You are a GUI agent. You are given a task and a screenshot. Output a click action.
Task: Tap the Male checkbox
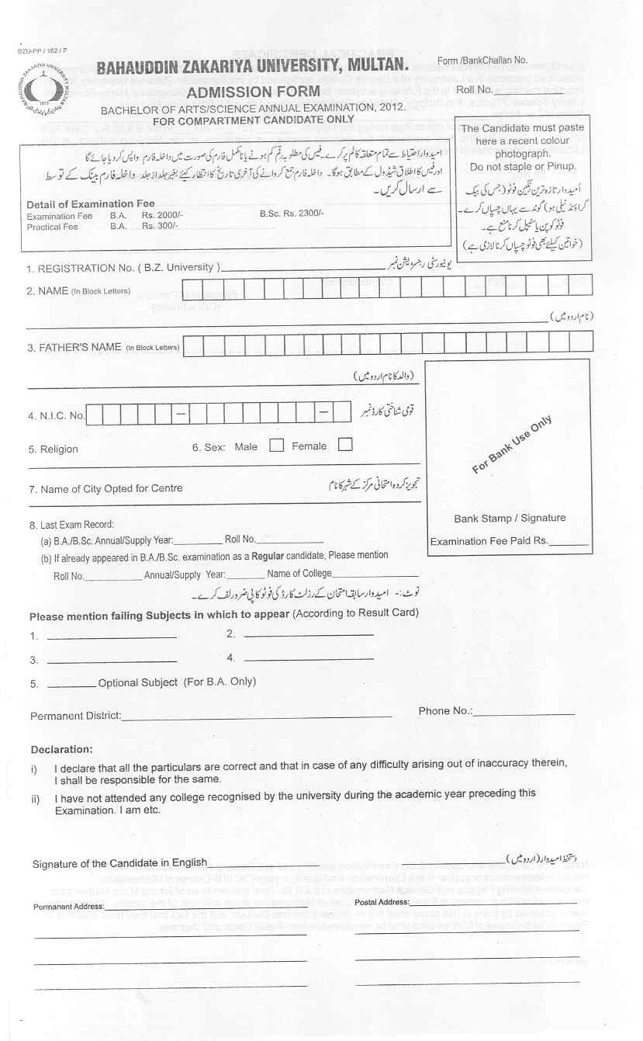276,446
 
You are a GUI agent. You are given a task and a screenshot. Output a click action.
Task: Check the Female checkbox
345,445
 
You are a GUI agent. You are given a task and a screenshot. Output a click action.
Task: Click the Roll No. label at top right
475,90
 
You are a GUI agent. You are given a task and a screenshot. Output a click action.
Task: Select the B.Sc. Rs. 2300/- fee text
292,213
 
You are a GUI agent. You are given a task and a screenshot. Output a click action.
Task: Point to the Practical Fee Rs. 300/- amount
160,226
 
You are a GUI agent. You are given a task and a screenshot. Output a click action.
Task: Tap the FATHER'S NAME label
74,347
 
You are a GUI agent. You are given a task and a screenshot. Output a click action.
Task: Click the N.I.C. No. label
56,416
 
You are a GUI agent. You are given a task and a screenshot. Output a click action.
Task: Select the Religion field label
54,449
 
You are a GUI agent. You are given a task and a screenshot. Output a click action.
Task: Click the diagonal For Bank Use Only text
512,444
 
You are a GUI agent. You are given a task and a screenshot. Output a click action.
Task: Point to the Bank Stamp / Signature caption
510,518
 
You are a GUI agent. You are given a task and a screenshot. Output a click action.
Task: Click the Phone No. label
445,711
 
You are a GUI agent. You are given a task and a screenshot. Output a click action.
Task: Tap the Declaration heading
61,750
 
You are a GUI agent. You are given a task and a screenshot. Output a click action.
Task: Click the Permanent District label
75,716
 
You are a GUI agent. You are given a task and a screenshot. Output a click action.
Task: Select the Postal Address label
381,902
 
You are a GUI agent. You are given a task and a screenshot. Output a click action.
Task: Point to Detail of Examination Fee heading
91,204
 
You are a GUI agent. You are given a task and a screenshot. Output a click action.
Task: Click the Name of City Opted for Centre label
105,488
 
